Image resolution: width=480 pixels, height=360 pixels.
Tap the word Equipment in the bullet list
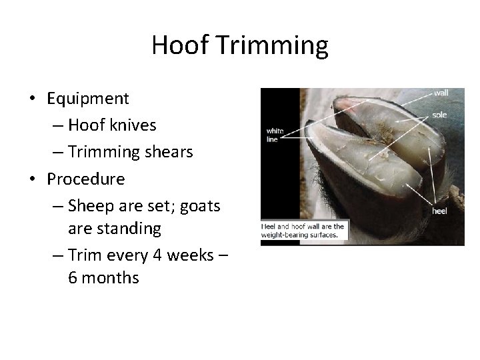click(88, 99)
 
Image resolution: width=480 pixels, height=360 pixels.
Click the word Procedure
click(86, 179)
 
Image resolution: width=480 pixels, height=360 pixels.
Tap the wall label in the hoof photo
click(441, 93)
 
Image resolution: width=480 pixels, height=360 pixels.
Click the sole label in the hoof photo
click(439, 115)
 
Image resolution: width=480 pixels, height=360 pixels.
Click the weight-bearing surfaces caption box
click(303, 231)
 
